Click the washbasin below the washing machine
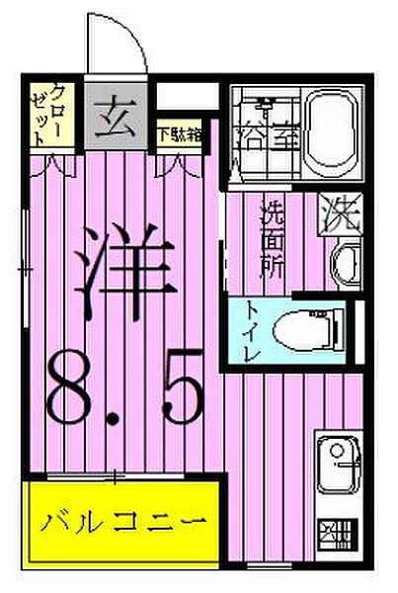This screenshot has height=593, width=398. (x=345, y=265)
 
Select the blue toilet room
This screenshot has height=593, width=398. (x=284, y=331)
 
